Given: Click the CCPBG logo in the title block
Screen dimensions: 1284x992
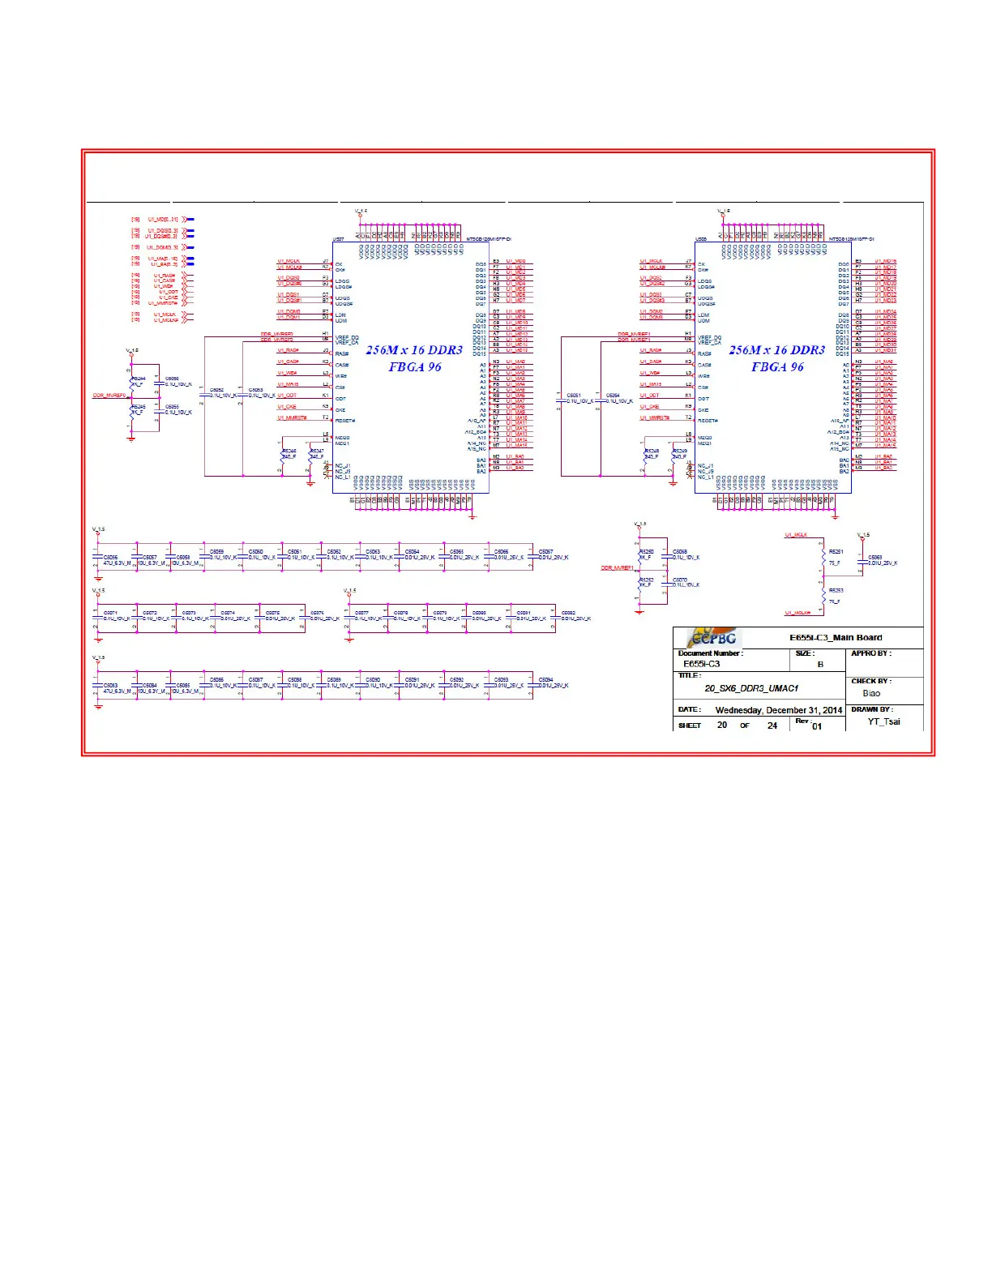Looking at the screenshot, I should (x=713, y=638).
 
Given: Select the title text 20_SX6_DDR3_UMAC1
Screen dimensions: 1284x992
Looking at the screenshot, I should (x=751, y=688).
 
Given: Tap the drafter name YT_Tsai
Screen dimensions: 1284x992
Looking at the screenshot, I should (x=883, y=721).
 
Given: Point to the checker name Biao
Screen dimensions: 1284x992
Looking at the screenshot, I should (x=871, y=693).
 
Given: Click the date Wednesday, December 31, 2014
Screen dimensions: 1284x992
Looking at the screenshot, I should (x=778, y=710).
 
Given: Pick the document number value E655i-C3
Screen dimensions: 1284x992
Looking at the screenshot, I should (x=701, y=664).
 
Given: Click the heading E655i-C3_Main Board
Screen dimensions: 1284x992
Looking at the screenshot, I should (x=836, y=638).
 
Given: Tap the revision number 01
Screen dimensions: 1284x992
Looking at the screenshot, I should (x=817, y=726).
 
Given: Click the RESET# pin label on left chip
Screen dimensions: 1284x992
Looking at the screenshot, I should (x=345, y=421).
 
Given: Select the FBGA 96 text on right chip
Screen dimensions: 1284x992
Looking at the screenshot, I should (x=777, y=367).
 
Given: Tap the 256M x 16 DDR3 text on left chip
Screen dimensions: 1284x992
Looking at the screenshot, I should (x=414, y=350).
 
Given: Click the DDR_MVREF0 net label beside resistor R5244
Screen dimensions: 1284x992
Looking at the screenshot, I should (x=109, y=396).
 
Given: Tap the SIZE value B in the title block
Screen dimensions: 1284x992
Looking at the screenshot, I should (x=820, y=664).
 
